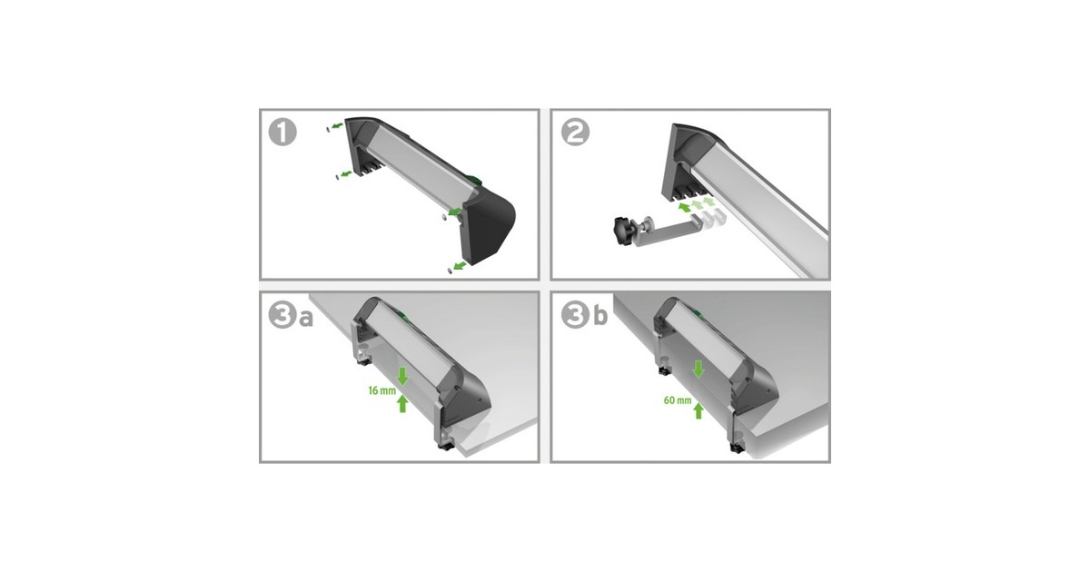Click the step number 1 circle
(282, 133)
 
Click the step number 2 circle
(575, 133)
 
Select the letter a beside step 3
(305, 319)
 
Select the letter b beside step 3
(600, 316)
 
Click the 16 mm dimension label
(382, 390)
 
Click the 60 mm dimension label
(678, 400)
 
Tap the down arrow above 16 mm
(402, 377)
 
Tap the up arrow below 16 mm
(402, 404)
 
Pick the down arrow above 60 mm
(699, 370)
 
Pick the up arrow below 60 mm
(699, 410)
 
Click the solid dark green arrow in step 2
(685, 208)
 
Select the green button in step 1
(472, 180)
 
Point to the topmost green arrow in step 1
(337, 126)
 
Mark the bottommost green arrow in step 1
(459, 265)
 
